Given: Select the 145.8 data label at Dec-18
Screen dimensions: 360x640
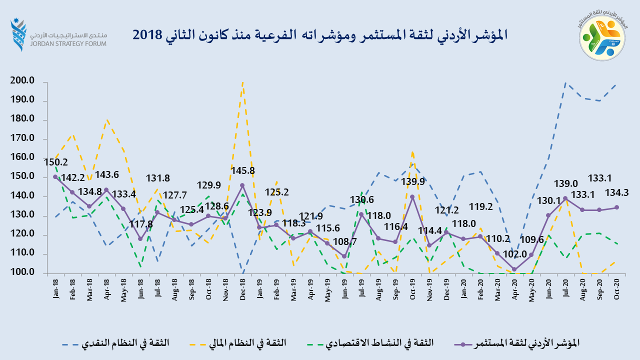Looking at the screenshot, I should [x=242, y=171].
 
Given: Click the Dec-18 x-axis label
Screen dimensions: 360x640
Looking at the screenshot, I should [x=242, y=288].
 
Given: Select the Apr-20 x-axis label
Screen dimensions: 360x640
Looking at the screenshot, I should [x=514, y=288].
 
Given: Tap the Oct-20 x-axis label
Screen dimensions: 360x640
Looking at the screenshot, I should [x=616, y=288].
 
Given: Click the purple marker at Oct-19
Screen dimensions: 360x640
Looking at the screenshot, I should [x=412, y=196].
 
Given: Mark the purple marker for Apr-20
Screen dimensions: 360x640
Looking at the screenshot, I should [x=514, y=269].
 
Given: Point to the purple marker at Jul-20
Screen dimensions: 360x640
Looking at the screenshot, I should [x=565, y=198].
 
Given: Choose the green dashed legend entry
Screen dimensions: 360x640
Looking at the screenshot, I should [x=380, y=343].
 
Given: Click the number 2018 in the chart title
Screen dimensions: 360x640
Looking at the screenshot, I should [x=147, y=34].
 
